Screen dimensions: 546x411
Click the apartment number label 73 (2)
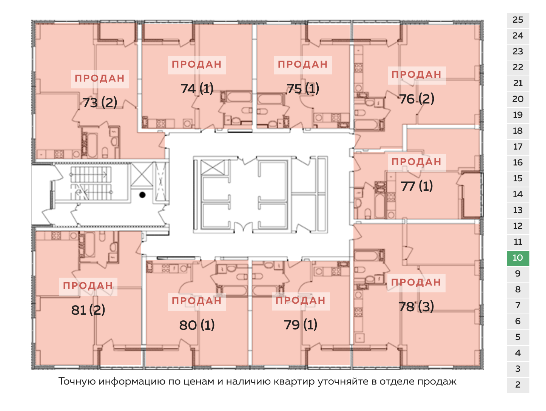coord(100,102)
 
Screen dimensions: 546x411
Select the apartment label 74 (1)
coord(197,88)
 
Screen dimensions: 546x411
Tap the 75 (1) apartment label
coord(303,88)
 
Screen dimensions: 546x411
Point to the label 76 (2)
coord(416,99)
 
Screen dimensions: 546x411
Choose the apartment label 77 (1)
coord(416,186)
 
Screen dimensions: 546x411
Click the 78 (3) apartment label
coord(416,306)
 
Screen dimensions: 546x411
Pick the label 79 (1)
coord(301,324)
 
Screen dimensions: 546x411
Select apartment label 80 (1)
coord(197,325)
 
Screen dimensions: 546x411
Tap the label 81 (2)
coord(88,310)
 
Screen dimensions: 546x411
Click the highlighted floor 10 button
coord(518,258)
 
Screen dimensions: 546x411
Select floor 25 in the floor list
coord(518,20)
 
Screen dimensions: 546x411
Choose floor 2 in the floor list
coord(518,385)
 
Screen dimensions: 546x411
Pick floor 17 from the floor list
coord(518,147)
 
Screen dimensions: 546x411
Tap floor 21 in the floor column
coord(518,83)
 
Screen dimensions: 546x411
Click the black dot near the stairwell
coord(142,195)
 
